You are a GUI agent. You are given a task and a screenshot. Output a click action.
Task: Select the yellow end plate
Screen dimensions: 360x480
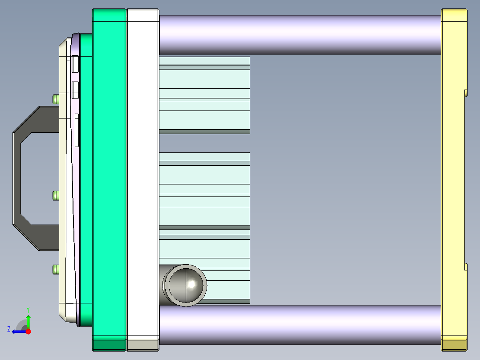tap(453, 178)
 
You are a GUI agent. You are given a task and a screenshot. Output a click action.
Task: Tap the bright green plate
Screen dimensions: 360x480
tap(109, 178)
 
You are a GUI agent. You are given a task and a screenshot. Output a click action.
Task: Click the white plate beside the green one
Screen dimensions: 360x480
tap(142, 178)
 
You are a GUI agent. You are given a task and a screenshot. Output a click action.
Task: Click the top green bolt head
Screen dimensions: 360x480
tap(56, 99)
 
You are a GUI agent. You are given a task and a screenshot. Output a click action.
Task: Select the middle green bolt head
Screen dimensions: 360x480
tap(56, 195)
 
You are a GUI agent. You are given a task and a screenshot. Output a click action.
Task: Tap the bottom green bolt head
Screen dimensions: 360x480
tap(56, 269)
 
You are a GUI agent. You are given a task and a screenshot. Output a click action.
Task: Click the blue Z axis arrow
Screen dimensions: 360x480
tap(18, 331)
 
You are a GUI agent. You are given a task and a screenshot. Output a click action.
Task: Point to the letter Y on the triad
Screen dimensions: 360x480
tap(28, 309)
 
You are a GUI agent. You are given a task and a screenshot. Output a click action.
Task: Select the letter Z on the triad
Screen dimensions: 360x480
tap(9, 329)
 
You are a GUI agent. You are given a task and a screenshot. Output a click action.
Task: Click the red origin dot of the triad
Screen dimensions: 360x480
tap(28, 331)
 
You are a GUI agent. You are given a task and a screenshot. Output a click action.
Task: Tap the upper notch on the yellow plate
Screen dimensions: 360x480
tap(465, 93)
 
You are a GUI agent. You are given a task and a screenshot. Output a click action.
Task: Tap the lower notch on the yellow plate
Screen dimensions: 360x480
tap(465, 266)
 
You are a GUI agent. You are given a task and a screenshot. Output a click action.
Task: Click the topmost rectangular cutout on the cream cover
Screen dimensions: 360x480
tap(75, 64)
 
